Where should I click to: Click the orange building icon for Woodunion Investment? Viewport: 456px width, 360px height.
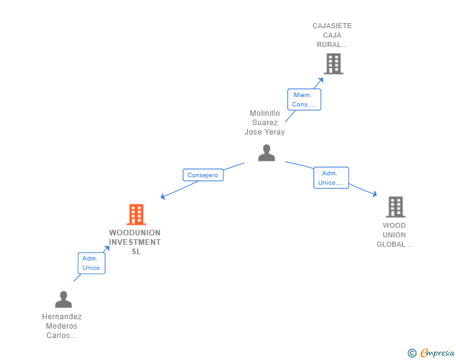click(x=136, y=215)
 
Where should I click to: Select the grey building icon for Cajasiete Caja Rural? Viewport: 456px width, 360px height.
click(x=333, y=63)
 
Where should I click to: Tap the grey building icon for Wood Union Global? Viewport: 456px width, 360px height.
click(x=395, y=207)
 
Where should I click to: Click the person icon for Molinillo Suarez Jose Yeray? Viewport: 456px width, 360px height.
click(x=266, y=153)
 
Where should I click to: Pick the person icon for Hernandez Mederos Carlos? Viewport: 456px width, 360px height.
click(x=63, y=299)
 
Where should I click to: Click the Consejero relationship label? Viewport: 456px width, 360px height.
click(x=203, y=175)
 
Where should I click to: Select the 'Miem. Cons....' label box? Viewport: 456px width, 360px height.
click(x=304, y=100)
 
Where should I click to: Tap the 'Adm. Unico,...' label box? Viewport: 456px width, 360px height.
click(x=331, y=178)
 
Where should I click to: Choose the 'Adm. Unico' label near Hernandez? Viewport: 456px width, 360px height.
click(x=91, y=263)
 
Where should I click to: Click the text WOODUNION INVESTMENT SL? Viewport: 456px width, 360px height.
click(x=135, y=242)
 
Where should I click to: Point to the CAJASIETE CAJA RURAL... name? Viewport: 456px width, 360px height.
click(x=332, y=35)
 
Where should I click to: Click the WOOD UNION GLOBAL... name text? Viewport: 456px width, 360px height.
click(x=395, y=235)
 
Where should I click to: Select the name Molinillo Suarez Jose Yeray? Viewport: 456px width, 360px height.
click(x=264, y=123)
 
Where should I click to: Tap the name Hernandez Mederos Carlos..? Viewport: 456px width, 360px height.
click(x=62, y=326)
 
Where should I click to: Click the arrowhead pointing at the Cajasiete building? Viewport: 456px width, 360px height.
click(x=321, y=80)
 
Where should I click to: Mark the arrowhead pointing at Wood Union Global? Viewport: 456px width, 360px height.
click(x=375, y=195)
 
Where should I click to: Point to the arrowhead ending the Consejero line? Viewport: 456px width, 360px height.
click(x=163, y=197)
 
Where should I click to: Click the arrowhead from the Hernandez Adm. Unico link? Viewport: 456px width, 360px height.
click(x=107, y=249)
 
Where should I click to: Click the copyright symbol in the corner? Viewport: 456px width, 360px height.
click(x=412, y=353)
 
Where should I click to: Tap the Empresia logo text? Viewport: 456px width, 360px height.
click(x=437, y=353)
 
